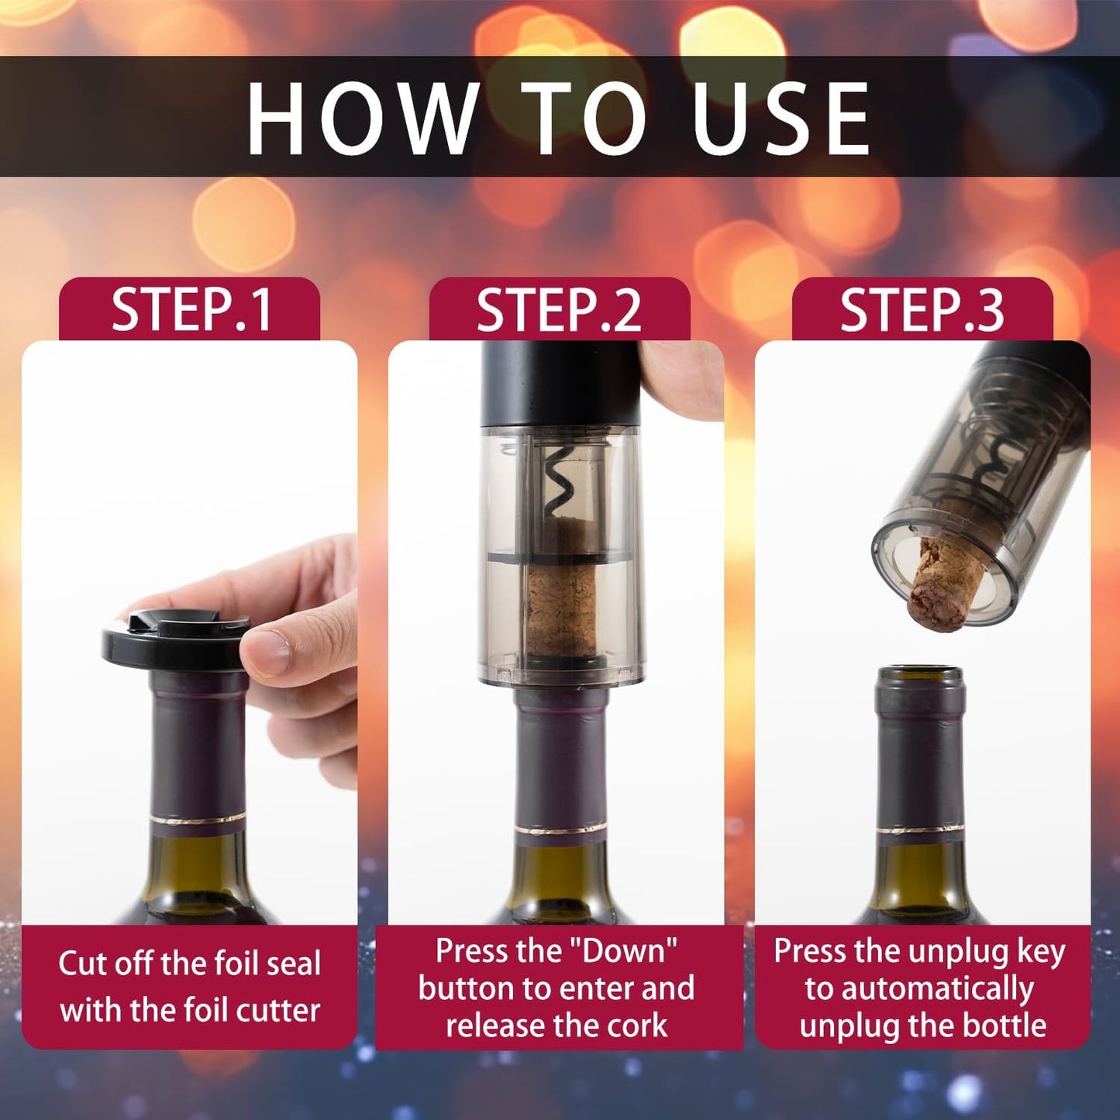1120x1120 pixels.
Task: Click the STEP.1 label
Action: (191, 309)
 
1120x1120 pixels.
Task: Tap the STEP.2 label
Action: (559, 309)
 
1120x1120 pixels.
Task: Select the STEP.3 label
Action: (922, 309)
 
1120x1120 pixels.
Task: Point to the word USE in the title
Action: (781, 119)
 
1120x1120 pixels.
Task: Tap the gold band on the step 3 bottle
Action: (920, 829)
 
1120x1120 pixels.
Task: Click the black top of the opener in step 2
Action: (560, 384)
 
